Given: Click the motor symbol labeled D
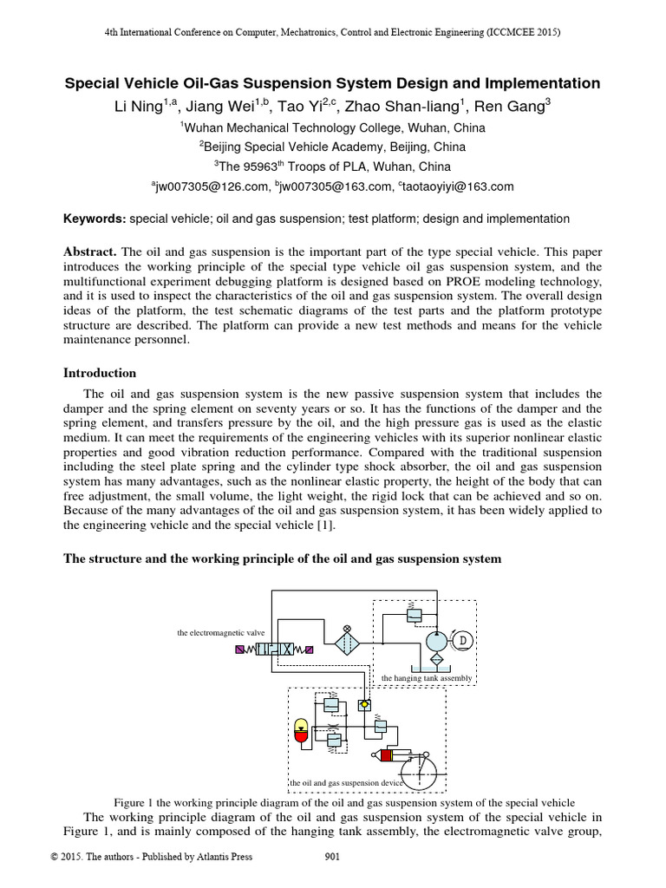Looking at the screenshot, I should pyautogui.click(x=462, y=641).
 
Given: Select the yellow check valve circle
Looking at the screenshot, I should pyautogui.click(x=366, y=704).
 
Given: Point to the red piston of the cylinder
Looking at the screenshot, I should pyautogui.click(x=386, y=755).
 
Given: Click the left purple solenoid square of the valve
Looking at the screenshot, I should pyautogui.click(x=240, y=649).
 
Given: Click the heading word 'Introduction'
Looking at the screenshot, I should pyautogui.click(x=101, y=373).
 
